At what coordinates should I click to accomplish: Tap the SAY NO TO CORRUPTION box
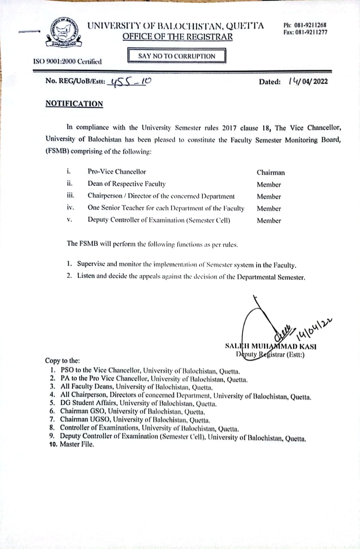coord(177,56)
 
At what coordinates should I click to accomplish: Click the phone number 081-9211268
coord(310,25)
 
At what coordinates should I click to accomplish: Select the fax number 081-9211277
coord(310,33)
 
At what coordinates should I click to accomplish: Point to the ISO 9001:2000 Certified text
coord(67,61)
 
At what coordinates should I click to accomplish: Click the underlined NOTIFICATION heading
coord(74,104)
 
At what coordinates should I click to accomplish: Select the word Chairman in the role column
coord(270,173)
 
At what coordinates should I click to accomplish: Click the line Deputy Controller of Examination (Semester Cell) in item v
coord(159,220)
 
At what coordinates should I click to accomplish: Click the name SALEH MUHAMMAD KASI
coord(271,346)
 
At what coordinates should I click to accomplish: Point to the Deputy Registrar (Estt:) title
coord(270,354)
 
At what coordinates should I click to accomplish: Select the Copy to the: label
coord(62,361)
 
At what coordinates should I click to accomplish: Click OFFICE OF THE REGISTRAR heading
coord(178,36)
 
